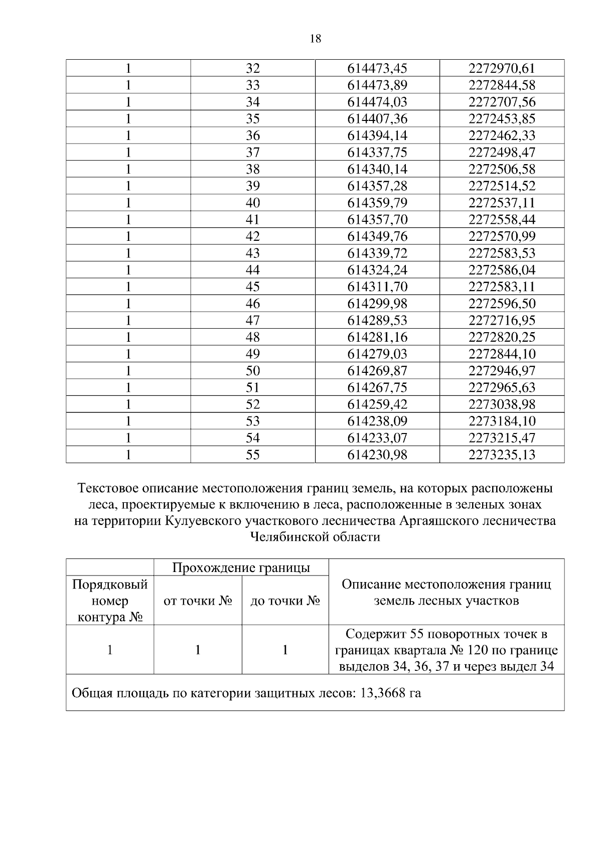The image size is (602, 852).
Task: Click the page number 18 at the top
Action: click(316, 39)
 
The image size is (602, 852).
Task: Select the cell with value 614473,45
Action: click(377, 68)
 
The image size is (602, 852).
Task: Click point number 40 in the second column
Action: click(253, 203)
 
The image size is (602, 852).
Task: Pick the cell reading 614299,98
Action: click(377, 304)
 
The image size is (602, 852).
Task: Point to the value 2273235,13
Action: click(502, 455)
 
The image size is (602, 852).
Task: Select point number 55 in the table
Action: click(253, 455)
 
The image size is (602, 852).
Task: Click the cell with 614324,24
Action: click(377, 270)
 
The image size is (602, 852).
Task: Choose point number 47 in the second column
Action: click(253, 320)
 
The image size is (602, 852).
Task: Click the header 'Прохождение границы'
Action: click(241, 567)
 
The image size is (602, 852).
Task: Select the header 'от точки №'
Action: click(198, 601)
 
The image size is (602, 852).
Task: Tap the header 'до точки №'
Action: click(285, 601)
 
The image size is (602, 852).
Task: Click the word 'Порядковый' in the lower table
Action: click(110, 585)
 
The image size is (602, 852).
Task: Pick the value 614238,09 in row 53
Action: click(377, 421)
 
